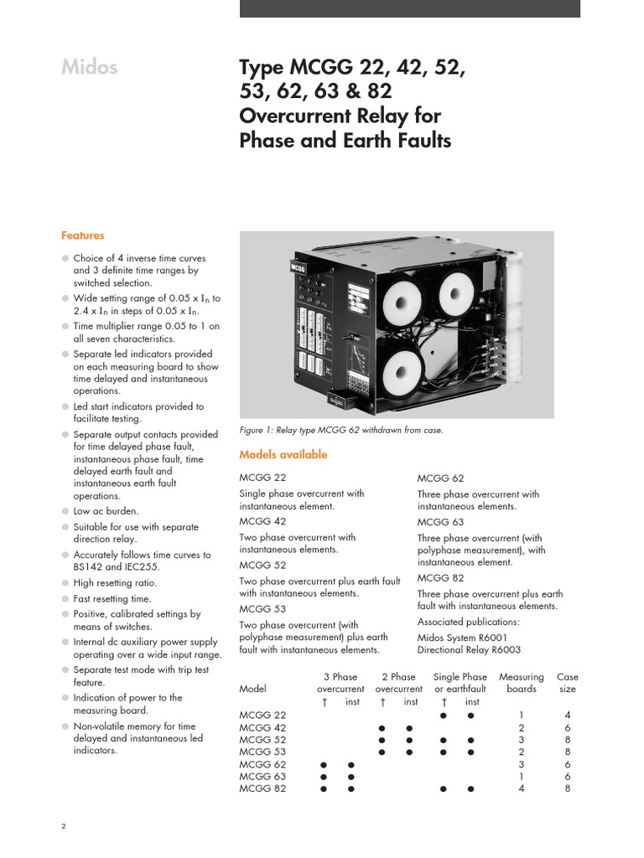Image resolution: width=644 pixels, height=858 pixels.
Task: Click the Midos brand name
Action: click(88, 68)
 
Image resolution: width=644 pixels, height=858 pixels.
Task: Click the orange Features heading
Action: click(82, 236)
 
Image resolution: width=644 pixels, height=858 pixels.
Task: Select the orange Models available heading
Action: click(283, 455)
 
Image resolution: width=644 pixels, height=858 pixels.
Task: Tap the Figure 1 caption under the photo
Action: click(340, 430)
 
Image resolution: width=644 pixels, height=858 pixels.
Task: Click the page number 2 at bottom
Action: click(64, 825)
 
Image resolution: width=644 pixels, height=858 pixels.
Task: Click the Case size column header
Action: click(567, 683)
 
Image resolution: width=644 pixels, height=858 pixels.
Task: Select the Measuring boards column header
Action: click(521, 683)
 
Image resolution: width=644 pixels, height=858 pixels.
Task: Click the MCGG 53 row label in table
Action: click(262, 752)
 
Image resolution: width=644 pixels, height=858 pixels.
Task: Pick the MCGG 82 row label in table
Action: click(262, 788)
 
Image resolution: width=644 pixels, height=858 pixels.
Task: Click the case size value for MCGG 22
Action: click(568, 716)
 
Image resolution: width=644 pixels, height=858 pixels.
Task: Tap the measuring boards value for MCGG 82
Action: click(522, 788)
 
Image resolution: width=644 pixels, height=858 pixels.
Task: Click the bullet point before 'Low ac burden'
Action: click(65, 510)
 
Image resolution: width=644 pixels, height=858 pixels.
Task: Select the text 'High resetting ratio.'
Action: click(115, 582)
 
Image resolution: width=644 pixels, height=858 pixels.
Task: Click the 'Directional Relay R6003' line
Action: click(470, 649)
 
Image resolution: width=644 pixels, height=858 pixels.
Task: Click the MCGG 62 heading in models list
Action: click(440, 478)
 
